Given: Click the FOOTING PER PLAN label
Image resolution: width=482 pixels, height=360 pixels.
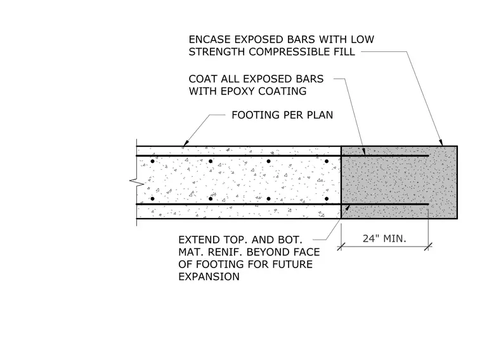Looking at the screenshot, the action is [x=282, y=115].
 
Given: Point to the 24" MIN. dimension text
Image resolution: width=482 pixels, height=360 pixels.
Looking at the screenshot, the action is [x=384, y=239].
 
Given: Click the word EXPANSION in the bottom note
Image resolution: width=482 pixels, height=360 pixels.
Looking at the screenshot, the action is [x=209, y=277].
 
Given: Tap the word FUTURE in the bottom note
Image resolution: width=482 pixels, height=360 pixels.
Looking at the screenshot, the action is [x=291, y=264].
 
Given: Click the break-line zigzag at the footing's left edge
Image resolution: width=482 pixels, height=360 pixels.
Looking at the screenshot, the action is [x=137, y=182].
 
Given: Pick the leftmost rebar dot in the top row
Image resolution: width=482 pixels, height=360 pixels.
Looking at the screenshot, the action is [x=152, y=161].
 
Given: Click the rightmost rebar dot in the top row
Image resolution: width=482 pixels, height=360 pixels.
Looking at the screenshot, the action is [x=327, y=161].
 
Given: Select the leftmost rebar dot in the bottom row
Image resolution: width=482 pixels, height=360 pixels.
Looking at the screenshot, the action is [x=152, y=199].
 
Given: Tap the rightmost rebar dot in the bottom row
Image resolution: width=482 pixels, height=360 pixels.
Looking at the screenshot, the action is [x=327, y=199].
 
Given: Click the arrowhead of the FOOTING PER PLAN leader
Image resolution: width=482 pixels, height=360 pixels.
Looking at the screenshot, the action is [x=185, y=143].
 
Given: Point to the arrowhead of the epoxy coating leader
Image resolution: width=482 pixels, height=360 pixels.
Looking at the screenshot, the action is [x=364, y=151].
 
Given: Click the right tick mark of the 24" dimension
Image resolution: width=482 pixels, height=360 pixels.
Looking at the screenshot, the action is [x=428, y=247].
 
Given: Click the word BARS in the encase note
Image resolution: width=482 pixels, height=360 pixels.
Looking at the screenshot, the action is [x=301, y=40].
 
